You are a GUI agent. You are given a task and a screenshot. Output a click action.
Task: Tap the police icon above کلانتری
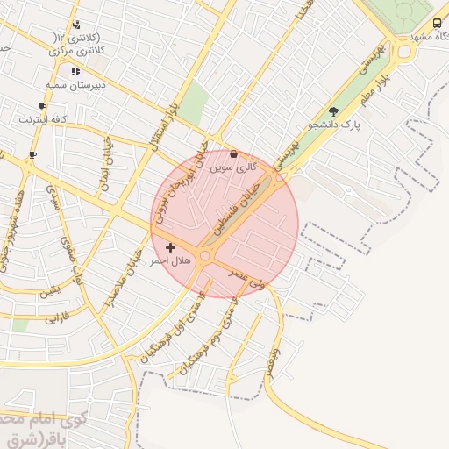point(77,25)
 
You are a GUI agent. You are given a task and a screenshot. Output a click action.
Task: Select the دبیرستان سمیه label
point(75,85)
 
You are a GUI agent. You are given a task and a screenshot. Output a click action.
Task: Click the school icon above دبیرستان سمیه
point(75,71)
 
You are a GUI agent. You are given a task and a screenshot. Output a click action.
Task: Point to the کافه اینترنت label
point(43,118)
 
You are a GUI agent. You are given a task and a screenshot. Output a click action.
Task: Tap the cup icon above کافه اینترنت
point(42,105)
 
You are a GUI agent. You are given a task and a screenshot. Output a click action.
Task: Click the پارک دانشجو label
point(333,125)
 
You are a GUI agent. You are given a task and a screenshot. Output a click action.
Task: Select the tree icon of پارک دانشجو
point(333,111)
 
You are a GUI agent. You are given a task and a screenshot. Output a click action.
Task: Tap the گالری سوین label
point(238,165)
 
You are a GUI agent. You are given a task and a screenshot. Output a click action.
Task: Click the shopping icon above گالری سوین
point(233,153)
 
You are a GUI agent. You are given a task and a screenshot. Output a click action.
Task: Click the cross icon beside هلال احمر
point(170,248)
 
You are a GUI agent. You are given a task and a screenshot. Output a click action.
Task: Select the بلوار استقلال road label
point(167,126)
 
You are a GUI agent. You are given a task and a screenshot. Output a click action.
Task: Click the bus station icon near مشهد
point(437,24)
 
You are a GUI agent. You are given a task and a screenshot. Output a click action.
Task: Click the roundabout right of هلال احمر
point(204,256)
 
